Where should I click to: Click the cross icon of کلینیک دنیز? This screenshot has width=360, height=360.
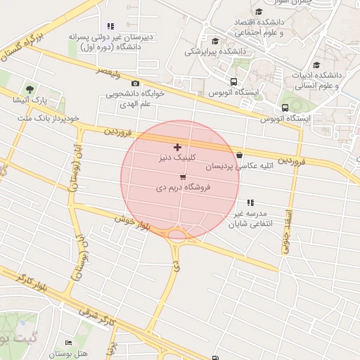tap(176, 148)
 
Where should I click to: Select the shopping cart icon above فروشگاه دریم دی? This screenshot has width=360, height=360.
tap(184, 177)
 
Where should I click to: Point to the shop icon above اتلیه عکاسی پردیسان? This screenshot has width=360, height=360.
tap(240, 155)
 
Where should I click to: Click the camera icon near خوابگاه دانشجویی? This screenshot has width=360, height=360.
tap(135, 83)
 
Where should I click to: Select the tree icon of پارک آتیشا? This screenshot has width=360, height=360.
tap(30, 89)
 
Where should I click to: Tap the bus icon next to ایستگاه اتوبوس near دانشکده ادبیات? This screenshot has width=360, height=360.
tap(284, 108)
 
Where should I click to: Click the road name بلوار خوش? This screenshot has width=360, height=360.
tap(134, 219)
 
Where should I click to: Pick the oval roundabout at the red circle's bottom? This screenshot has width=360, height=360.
tap(177, 236)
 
